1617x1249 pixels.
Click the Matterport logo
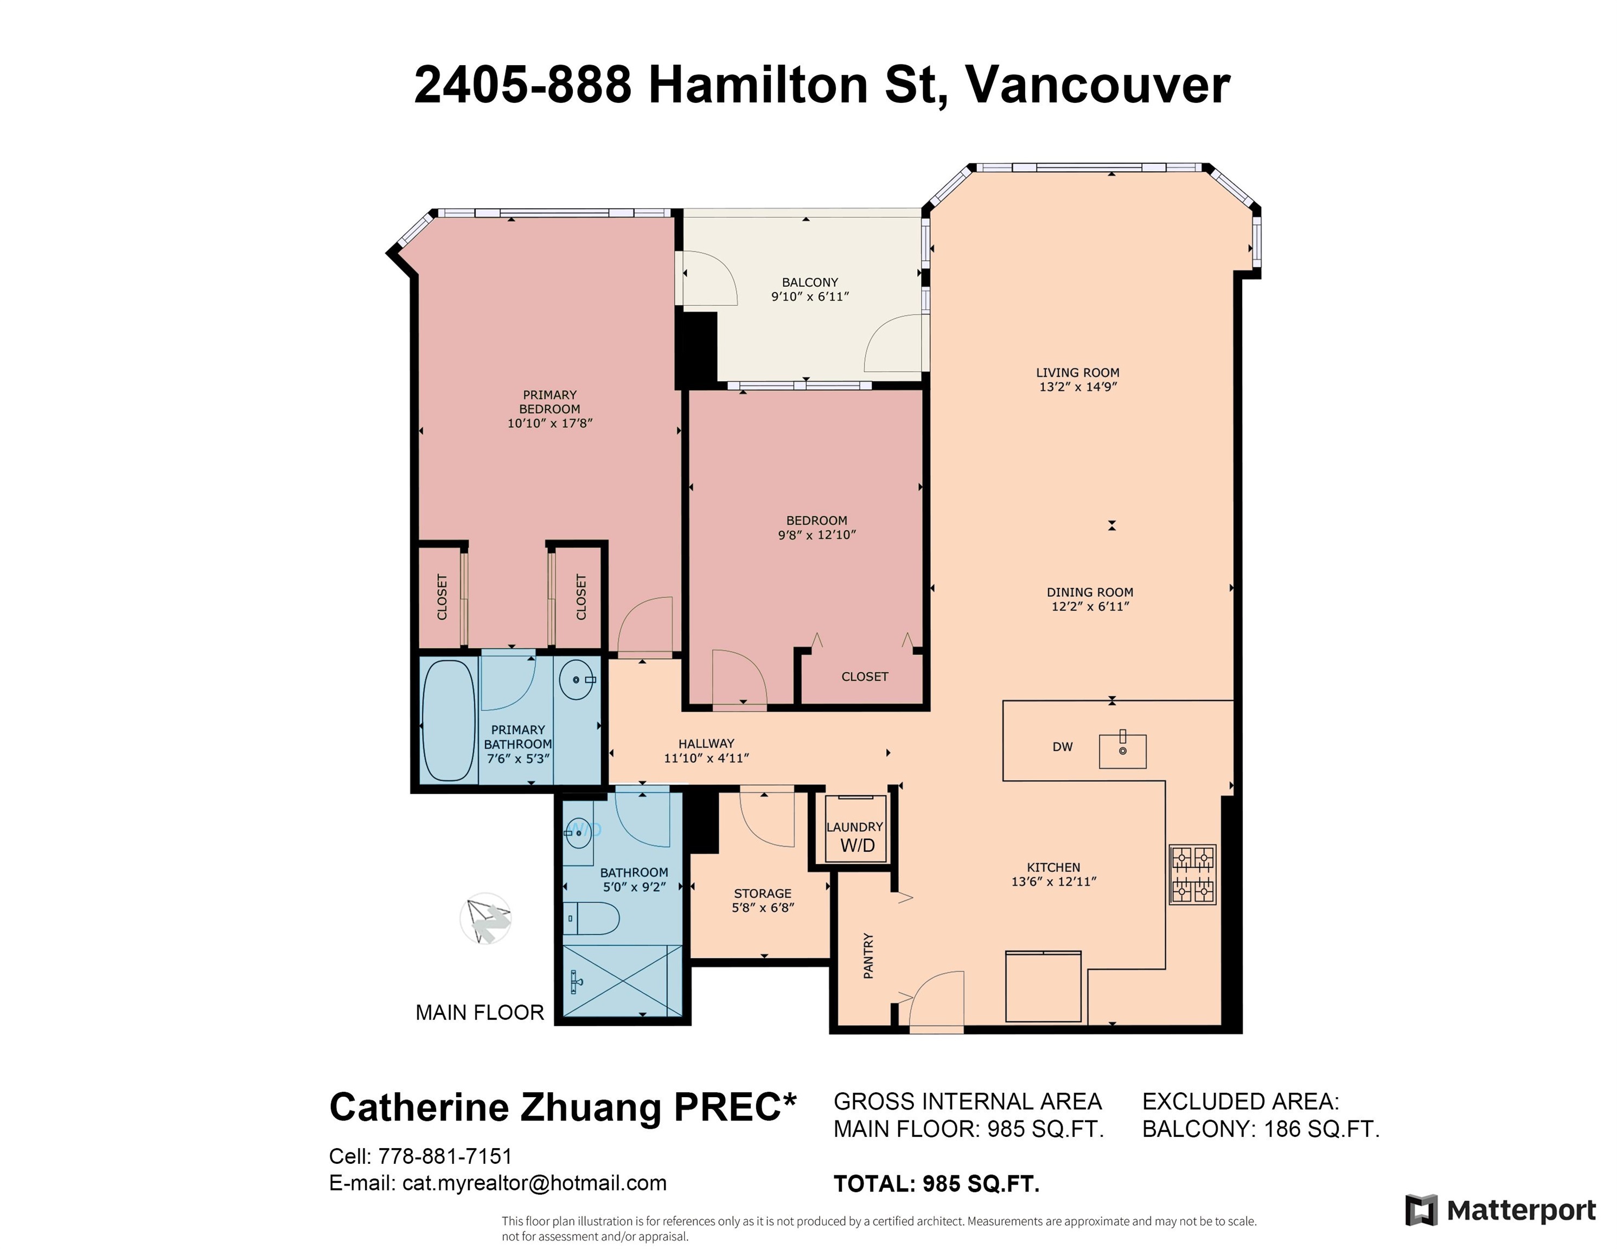pyautogui.click(x=1501, y=1211)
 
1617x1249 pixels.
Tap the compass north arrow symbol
pyautogui.click(x=485, y=918)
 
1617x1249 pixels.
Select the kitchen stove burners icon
pyautogui.click(x=1193, y=874)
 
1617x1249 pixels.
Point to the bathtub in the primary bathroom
pyautogui.click(x=448, y=720)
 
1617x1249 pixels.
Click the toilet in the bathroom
pyautogui.click(x=592, y=918)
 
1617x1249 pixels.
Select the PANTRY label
pyautogui.click(x=868, y=956)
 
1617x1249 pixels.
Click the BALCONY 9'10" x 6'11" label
pyautogui.click(x=810, y=289)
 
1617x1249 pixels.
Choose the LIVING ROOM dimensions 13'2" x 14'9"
pyautogui.click(x=1078, y=386)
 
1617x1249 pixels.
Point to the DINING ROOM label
pyautogui.click(x=1090, y=592)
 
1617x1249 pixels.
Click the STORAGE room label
pyautogui.click(x=763, y=893)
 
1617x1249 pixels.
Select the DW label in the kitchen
pyautogui.click(x=1063, y=746)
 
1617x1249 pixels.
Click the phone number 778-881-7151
pyautogui.click(x=445, y=1156)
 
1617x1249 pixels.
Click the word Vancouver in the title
pyautogui.click(x=1097, y=85)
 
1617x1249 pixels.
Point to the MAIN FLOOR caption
pyautogui.click(x=480, y=1012)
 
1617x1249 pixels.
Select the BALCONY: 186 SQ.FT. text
pyautogui.click(x=1261, y=1129)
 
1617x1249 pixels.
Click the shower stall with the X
pyautogui.click(x=623, y=981)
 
